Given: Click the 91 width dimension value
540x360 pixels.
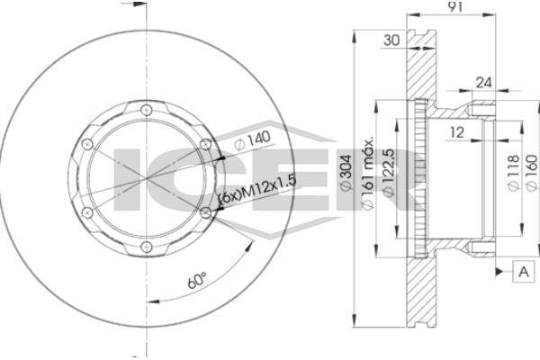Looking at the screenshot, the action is click(454, 7).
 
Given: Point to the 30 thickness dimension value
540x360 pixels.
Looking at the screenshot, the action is click(391, 40).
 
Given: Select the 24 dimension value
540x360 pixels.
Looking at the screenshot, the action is click(483, 83).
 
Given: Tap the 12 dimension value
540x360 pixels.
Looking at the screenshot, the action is click(457, 132).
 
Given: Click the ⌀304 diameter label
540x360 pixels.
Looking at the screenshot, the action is click(346, 172).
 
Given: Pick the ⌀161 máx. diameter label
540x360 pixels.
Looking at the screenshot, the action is click(367, 173).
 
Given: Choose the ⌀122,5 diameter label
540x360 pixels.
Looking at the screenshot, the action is click(389, 173).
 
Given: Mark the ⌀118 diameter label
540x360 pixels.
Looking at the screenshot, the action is click(513, 173).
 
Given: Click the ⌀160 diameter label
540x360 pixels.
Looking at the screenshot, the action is click(532, 172).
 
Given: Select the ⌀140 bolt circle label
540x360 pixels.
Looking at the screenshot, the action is click(252, 139).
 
